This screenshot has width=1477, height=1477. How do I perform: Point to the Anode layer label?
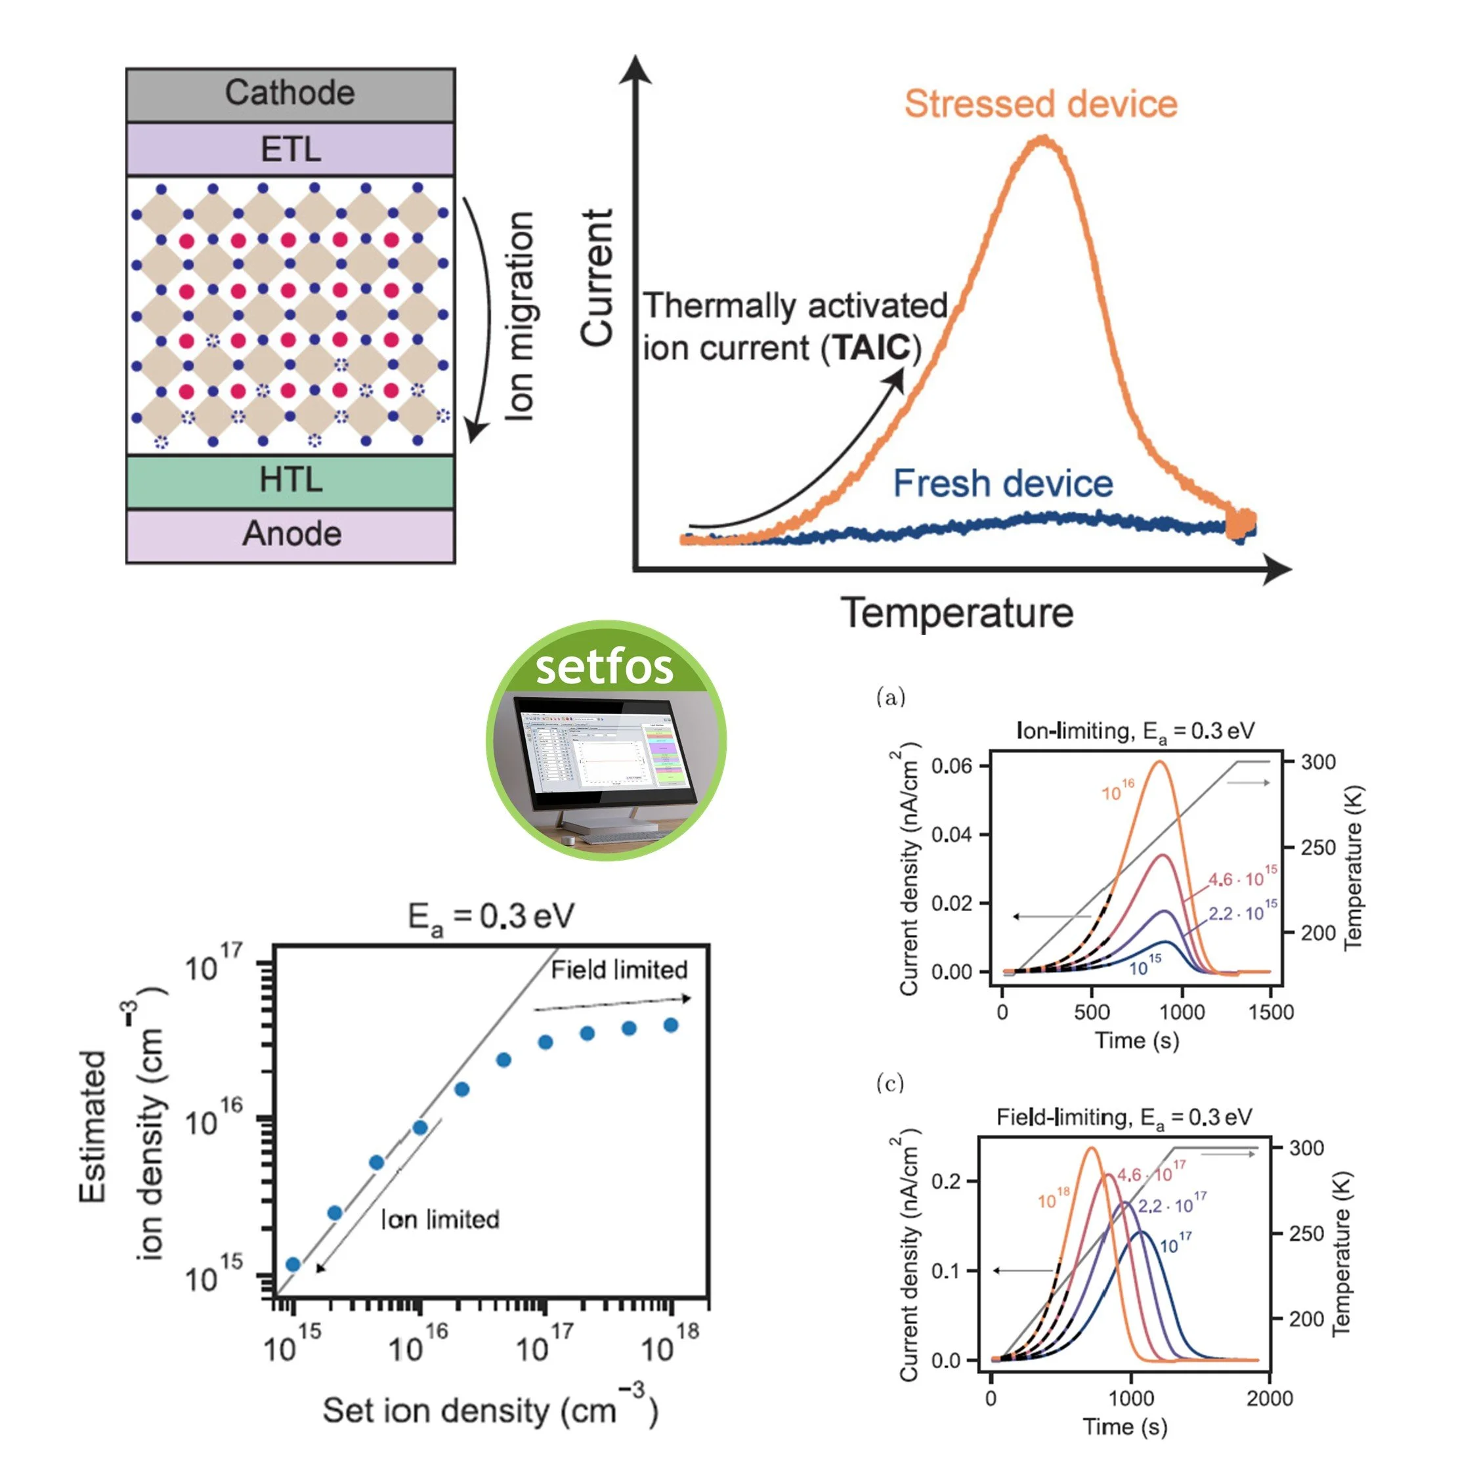click(291, 534)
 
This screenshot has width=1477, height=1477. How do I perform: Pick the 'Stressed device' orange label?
click(1040, 104)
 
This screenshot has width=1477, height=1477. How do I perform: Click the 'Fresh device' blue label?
click(1002, 483)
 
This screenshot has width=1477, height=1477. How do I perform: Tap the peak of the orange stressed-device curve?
click(1042, 139)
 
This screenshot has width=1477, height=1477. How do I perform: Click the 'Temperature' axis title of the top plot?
click(957, 613)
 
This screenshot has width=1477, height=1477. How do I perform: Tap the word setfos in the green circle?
click(604, 667)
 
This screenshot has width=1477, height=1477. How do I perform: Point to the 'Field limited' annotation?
click(618, 970)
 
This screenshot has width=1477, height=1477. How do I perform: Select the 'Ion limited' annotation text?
click(440, 1220)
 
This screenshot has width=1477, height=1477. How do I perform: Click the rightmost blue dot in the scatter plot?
click(670, 1025)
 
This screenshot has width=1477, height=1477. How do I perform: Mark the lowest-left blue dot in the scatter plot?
click(293, 1264)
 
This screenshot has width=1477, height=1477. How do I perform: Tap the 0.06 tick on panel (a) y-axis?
click(951, 766)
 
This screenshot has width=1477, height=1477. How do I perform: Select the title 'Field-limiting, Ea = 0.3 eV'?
click(1124, 1118)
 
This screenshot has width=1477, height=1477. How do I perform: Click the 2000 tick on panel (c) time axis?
click(1269, 1398)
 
